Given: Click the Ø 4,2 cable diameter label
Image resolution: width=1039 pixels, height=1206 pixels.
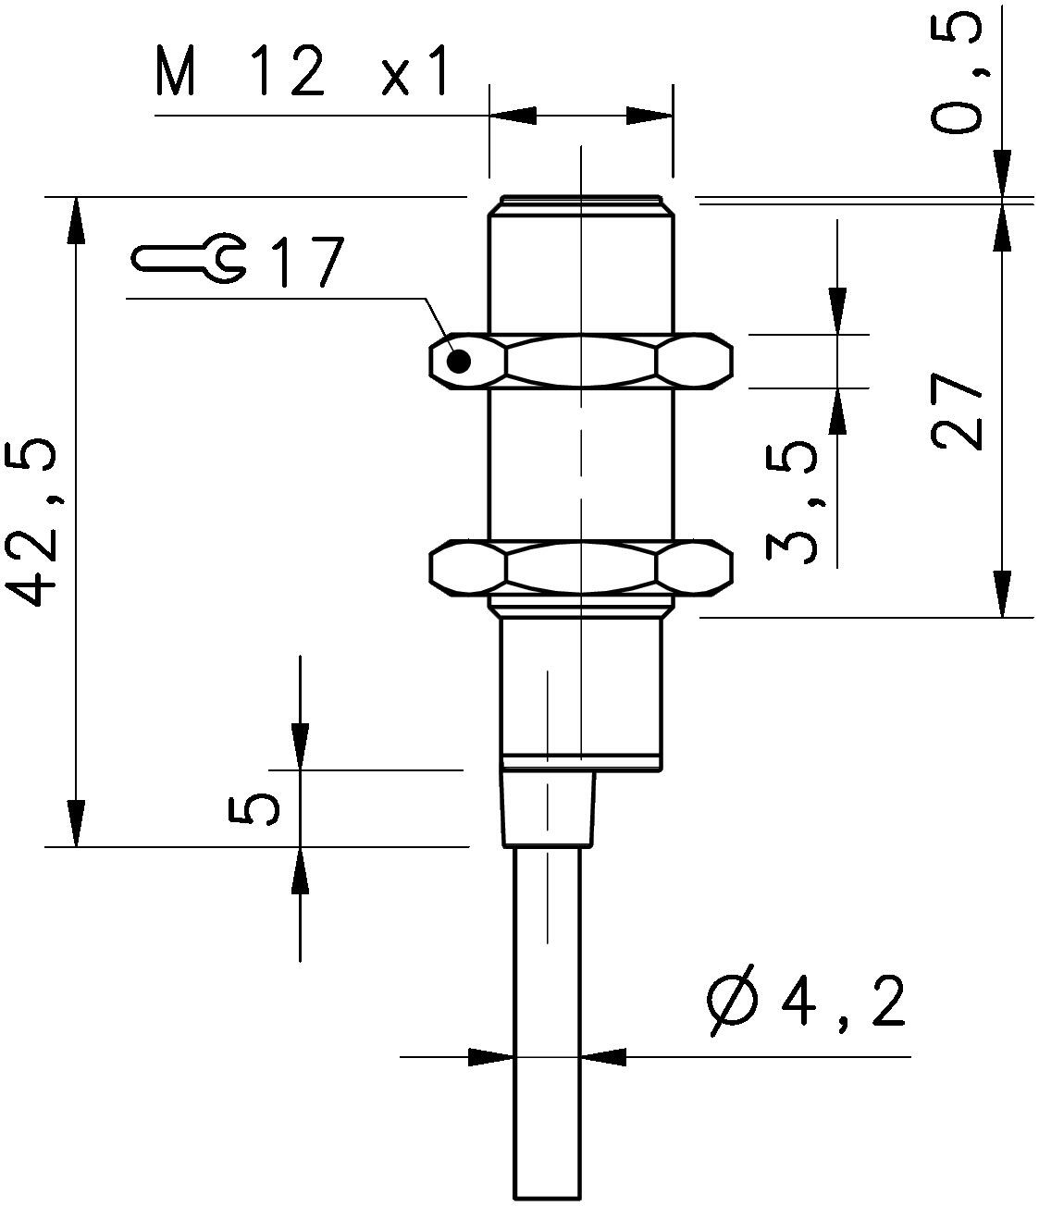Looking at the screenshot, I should pos(805,1003).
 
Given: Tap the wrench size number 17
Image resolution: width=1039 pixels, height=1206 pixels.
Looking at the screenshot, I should pos(305,263).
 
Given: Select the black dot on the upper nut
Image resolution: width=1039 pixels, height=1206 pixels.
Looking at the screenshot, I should pos(459,362).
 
